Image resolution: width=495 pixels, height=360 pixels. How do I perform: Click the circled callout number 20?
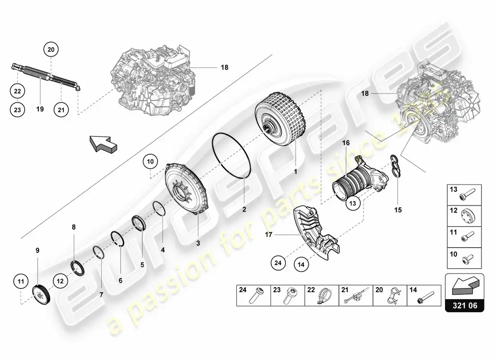51,49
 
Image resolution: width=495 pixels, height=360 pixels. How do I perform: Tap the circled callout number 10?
150,162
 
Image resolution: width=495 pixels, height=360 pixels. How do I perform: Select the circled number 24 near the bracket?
278,263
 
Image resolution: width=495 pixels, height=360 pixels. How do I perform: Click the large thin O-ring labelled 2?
232,156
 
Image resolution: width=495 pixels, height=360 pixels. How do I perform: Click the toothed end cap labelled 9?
41,295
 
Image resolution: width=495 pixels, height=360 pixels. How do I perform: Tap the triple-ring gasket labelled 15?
395,166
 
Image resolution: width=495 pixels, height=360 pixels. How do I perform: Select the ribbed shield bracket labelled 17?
316,234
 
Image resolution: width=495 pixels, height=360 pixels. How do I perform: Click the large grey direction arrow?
103,144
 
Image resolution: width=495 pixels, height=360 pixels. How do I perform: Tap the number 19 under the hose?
40,109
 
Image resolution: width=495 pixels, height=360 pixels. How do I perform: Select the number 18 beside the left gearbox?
225,67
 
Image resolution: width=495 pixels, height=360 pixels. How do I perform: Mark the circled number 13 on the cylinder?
353,203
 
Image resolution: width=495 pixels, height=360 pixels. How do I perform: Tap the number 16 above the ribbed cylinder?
346,143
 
